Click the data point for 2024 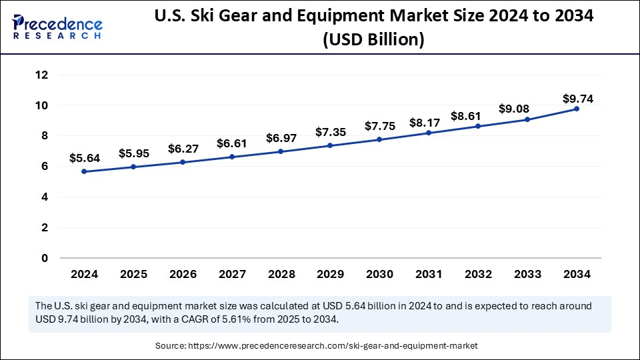84,171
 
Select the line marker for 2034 577,109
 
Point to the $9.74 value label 577,99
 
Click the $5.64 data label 84,158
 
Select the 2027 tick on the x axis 232,274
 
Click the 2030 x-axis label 379,274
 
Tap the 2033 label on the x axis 527,274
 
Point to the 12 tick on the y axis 41,75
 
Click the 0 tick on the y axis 45,258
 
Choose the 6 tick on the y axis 45,167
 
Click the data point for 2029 330,145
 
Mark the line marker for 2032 478,126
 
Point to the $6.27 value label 183,149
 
